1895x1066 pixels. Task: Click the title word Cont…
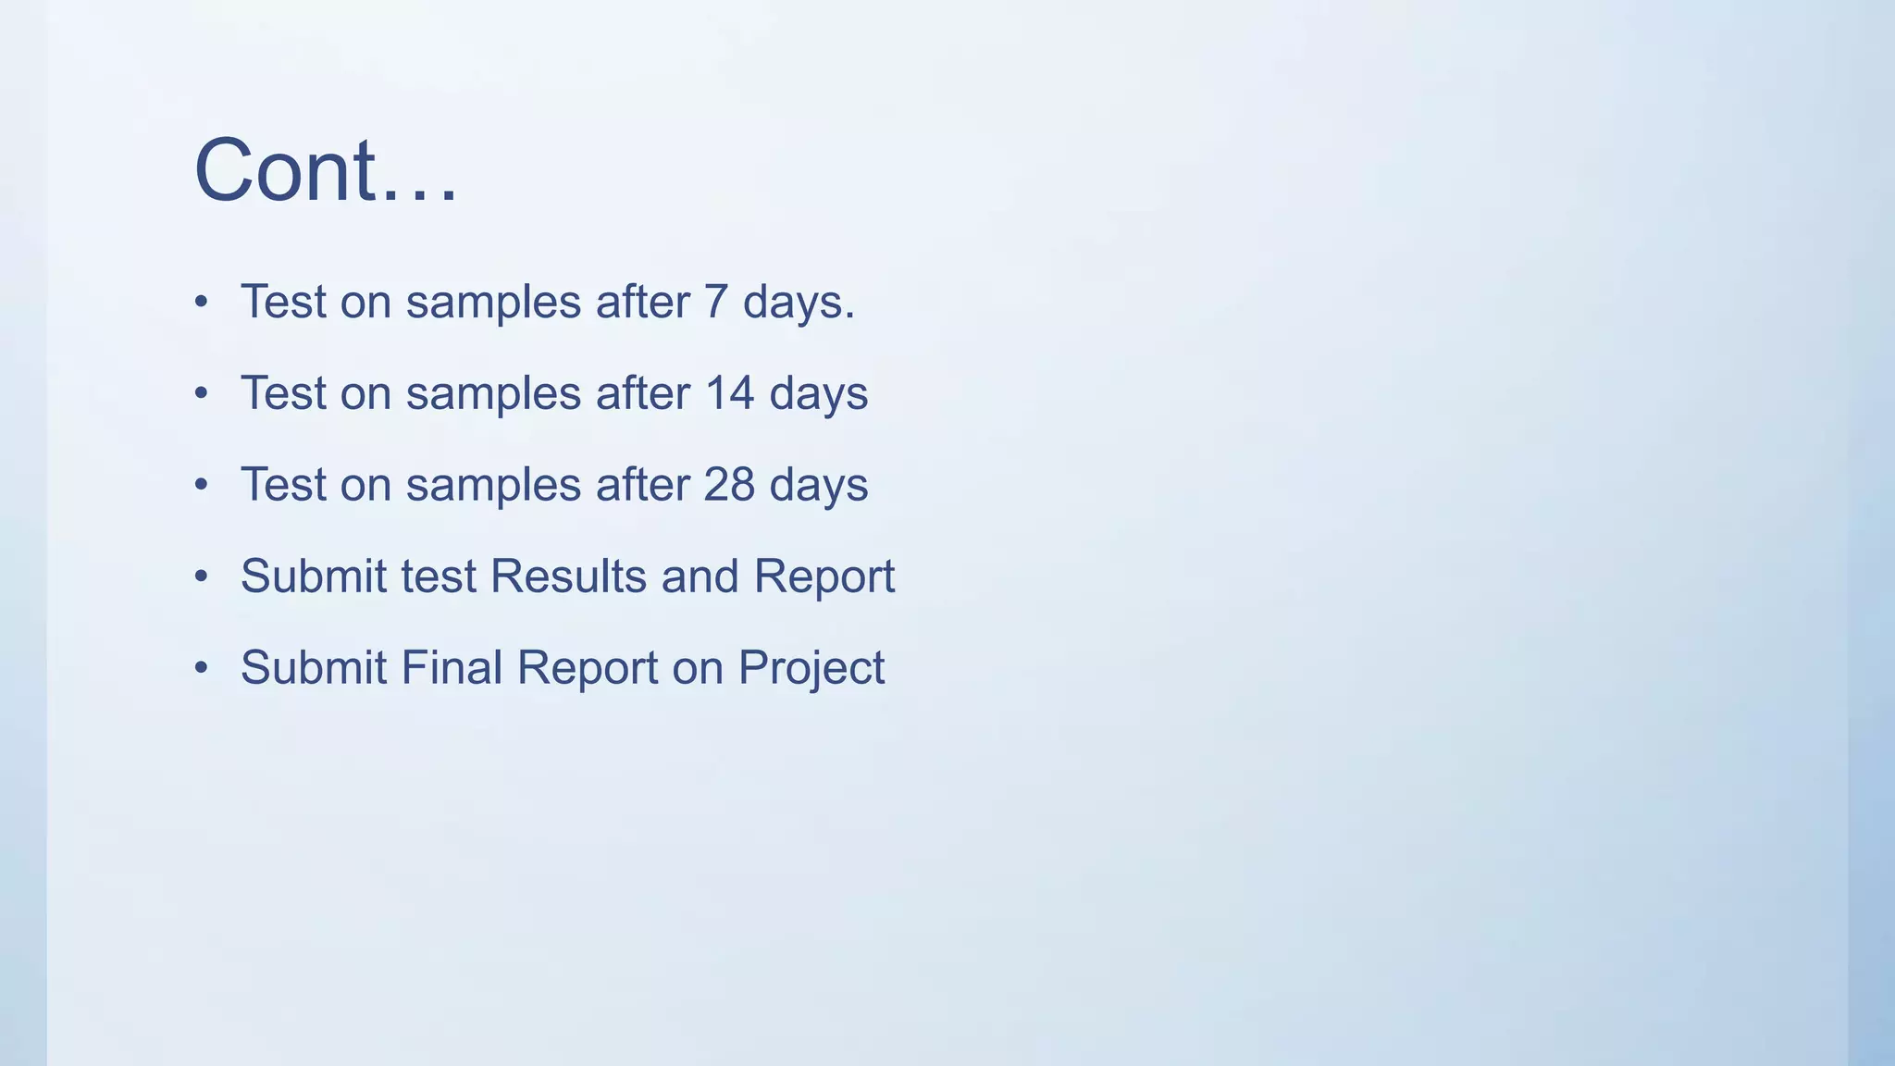point(326,170)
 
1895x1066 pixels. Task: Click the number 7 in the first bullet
point(715,302)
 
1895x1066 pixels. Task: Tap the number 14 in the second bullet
point(729,393)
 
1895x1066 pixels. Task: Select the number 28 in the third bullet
point(729,485)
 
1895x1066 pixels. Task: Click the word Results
point(568,576)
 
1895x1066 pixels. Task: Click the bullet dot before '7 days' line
point(202,303)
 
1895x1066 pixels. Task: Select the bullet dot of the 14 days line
point(202,394)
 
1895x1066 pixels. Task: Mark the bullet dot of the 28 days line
point(202,486)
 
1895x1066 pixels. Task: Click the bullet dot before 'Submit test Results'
point(202,577)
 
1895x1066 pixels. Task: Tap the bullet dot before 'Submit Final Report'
point(202,669)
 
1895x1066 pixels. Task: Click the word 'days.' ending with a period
point(799,303)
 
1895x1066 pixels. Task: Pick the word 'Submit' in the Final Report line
point(314,668)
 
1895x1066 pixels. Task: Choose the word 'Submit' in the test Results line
point(314,576)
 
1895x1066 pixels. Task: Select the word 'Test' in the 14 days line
point(283,393)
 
